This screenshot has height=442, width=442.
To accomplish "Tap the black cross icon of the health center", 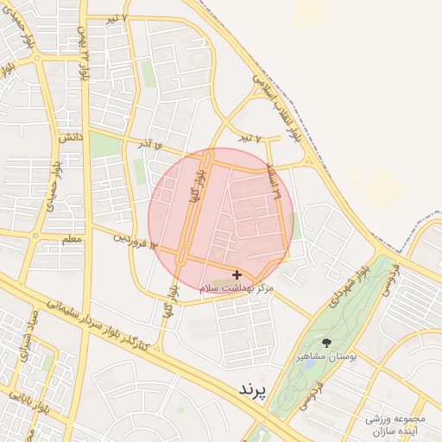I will coord(237,275).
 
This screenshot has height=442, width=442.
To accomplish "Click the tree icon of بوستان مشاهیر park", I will coord(326,342).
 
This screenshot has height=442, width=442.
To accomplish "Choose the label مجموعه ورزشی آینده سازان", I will coord(396,423).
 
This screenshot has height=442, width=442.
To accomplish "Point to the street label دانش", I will coord(70,136).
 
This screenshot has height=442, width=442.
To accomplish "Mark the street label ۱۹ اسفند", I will coord(277,182).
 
